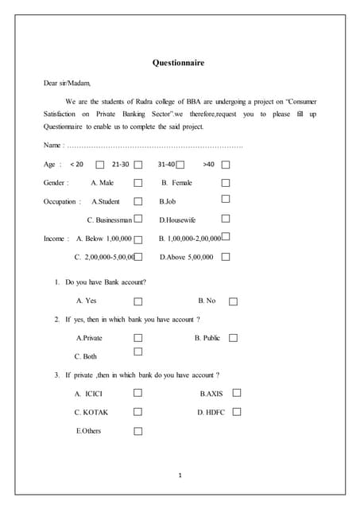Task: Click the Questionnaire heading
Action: coord(179,63)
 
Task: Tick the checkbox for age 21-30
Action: coord(138,165)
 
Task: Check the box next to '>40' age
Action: coord(226,165)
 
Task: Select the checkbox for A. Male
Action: coord(138,184)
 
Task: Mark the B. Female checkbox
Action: coord(226,183)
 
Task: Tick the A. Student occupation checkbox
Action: coord(138,202)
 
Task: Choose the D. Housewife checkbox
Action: coord(226,219)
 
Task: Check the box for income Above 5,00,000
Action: coord(226,257)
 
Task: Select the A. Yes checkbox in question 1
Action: coord(138,301)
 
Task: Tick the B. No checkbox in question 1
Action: coord(233,301)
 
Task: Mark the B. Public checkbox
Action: coord(233,338)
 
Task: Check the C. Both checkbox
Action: coord(138,352)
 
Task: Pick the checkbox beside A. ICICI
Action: coord(138,393)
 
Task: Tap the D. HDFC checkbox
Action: coord(237,412)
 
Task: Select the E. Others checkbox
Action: coord(138,431)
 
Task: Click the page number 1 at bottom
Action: coord(180,476)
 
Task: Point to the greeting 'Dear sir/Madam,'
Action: coord(67,83)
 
